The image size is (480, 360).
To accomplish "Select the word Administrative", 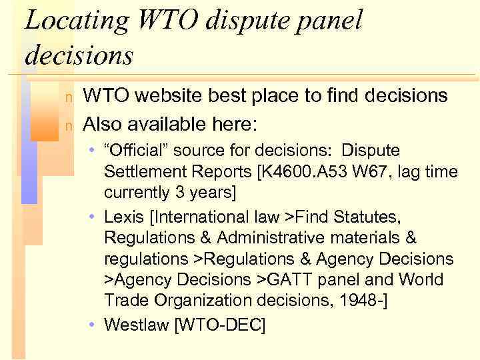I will click(x=270, y=238).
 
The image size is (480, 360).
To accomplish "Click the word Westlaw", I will click(x=137, y=325).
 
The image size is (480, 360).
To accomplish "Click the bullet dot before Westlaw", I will click(x=91, y=325).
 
